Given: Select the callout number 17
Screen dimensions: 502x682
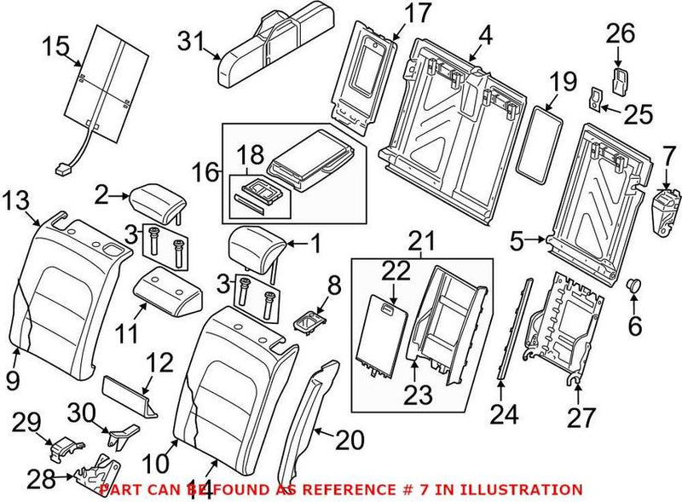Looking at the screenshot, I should click(x=419, y=14).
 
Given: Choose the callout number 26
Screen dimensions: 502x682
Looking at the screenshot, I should click(x=621, y=34).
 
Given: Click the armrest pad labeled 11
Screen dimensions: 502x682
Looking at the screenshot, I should click(x=168, y=290).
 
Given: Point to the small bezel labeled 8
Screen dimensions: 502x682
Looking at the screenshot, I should click(x=309, y=322).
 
